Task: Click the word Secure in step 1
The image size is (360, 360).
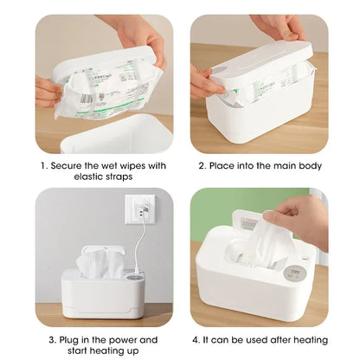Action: (67, 165)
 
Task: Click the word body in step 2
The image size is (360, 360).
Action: (312, 165)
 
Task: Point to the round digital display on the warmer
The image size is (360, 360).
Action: (294, 273)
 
